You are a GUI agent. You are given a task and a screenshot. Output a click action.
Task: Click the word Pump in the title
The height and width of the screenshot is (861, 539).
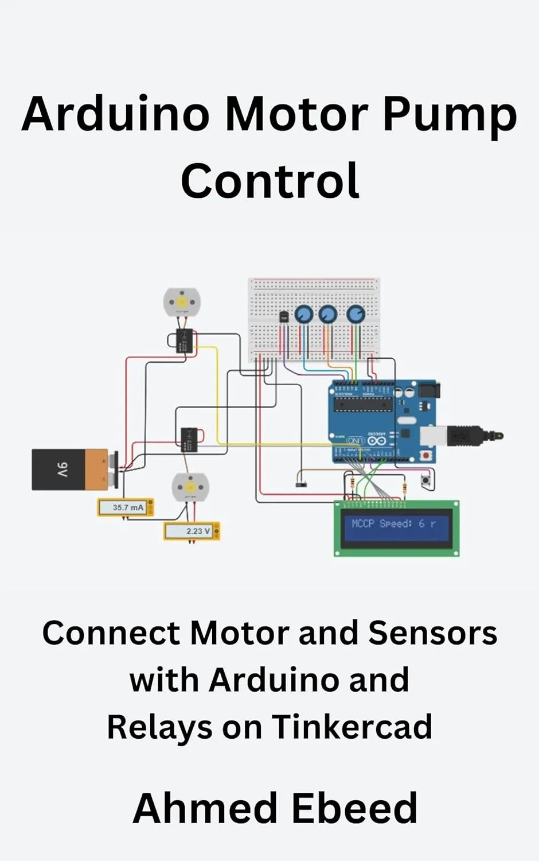click(450, 115)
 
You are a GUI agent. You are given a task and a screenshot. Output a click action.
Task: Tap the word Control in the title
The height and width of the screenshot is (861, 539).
click(270, 181)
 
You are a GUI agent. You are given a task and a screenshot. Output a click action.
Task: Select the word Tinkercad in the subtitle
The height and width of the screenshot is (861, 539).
click(351, 727)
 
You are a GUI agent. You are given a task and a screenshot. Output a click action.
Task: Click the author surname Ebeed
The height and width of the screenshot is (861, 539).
click(354, 808)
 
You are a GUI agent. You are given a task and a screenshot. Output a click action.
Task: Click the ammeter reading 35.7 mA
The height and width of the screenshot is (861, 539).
click(126, 507)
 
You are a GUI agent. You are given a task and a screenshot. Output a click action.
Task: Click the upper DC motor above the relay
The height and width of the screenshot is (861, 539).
click(182, 302)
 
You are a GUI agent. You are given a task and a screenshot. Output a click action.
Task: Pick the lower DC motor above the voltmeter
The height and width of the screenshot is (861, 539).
click(190, 487)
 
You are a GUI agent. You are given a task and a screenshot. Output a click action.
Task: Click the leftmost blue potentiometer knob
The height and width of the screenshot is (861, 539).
click(303, 314)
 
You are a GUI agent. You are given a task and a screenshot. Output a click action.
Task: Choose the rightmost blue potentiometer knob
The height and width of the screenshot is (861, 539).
click(356, 314)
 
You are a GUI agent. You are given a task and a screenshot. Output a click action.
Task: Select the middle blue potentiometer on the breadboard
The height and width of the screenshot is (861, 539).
click(327, 314)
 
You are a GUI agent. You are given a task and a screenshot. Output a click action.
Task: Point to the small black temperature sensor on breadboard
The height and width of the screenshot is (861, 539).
click(284, 316)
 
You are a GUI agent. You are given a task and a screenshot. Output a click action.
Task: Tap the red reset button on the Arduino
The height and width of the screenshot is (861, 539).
click(425, 455)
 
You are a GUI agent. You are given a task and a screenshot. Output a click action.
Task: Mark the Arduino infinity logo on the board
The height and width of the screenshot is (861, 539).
click(377, 441)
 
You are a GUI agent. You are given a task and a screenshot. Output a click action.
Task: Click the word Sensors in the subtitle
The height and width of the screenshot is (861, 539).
click(432, 633)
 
